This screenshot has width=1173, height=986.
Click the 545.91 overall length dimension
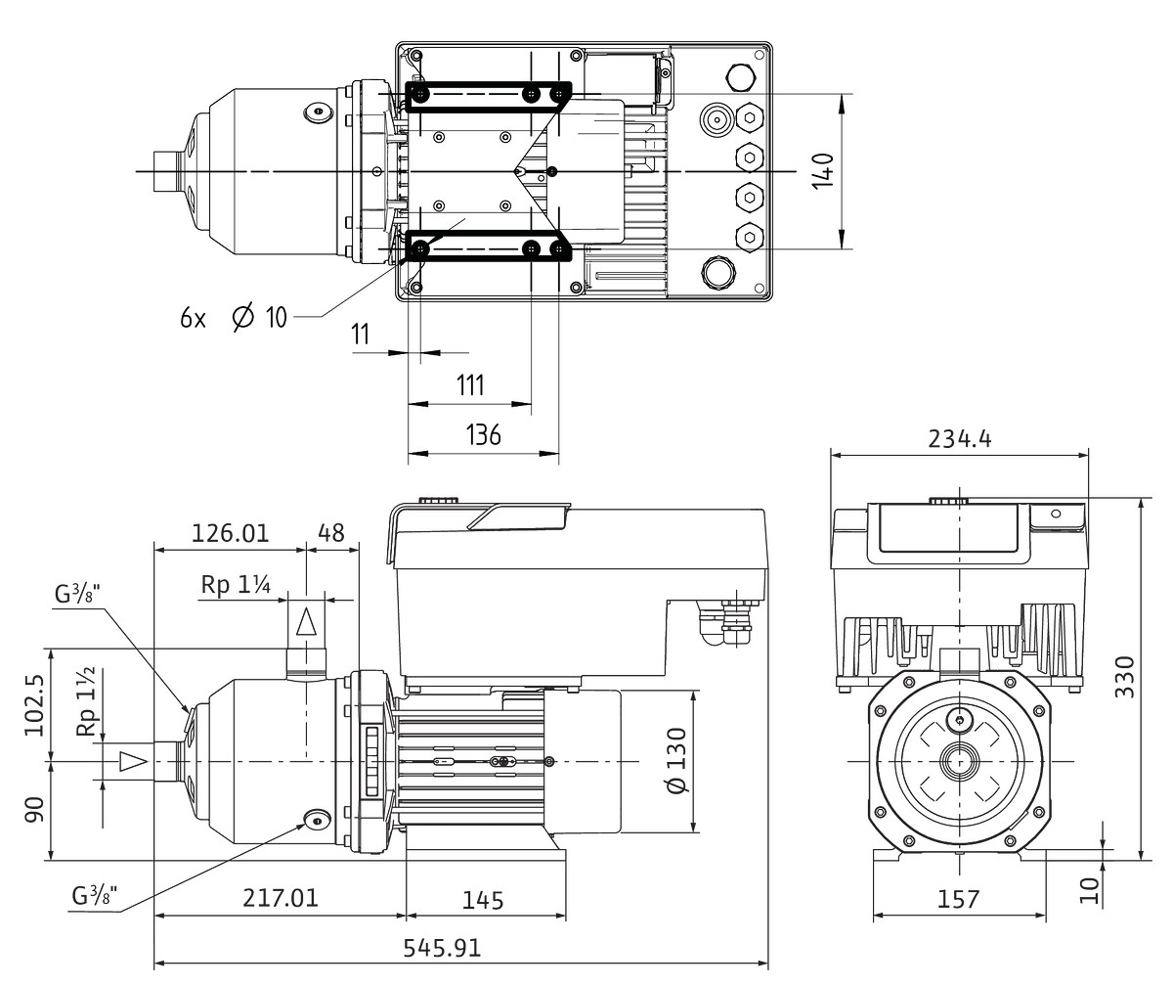click(442, 949)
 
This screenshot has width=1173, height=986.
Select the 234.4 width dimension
click(958, 438)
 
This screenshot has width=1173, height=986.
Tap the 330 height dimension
click(1125, 676)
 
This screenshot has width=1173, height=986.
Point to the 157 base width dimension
click(957, 899)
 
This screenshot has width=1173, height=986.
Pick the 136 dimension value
click(483, 435)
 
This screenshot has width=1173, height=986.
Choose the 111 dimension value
click(469, 384)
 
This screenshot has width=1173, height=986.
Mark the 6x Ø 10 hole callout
click(234, 317)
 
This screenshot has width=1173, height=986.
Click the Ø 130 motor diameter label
click(675, 762)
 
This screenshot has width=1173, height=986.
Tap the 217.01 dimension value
click(281, 898)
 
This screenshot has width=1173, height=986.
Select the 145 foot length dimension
click(484, 899)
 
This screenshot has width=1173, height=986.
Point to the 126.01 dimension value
click(230, 533)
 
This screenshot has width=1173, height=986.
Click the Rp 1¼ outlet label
click(236, 585)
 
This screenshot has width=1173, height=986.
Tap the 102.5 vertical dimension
click(35, 703)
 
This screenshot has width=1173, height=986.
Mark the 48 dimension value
click(332, 533)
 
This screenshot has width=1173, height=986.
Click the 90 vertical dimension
click(35, 810)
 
